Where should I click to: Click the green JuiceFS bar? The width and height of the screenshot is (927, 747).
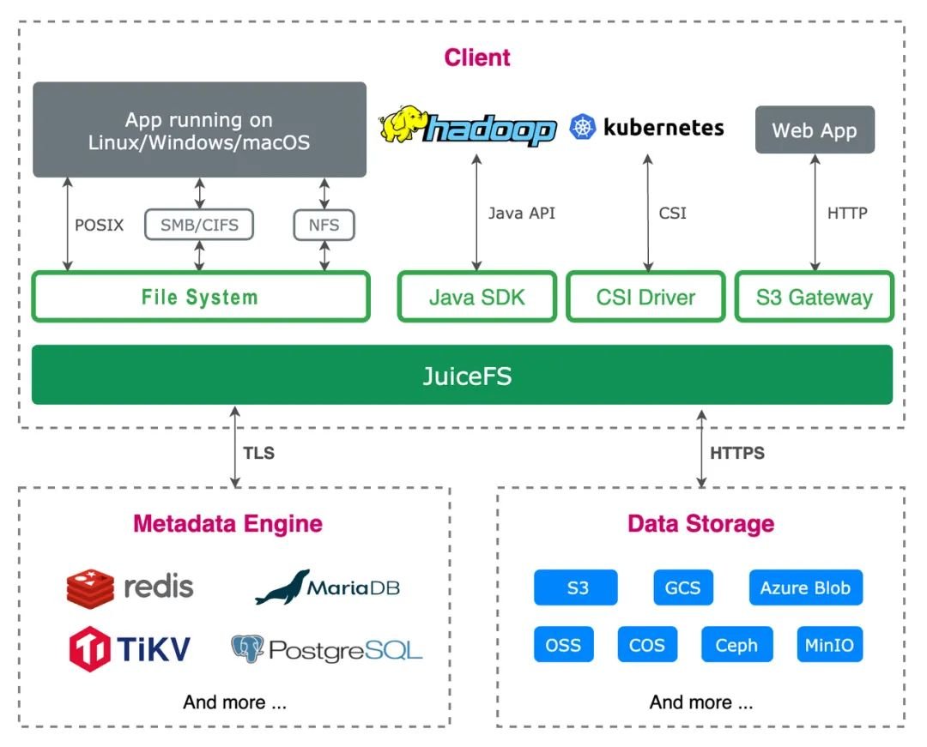pos(462,375)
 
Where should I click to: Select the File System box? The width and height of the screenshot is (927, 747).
pos(201,297)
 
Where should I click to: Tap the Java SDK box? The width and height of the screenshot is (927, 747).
pos(477,297)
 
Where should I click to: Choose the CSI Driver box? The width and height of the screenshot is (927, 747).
pos(645,297)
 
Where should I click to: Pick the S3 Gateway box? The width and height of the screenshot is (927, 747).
pos(814,297)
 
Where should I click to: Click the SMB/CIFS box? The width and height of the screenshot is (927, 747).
pos(199,225)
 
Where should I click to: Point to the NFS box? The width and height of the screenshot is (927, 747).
pos(324,225)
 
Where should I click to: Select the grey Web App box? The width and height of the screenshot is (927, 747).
pos(815,130)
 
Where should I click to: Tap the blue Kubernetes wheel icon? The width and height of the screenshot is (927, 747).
pos(583,127)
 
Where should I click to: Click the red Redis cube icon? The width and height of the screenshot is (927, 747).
pos(90,588)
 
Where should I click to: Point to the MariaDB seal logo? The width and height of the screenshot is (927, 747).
pos(282,587)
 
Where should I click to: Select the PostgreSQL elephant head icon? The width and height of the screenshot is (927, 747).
pos(247,649)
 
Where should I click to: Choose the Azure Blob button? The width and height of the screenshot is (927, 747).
pos(805,587)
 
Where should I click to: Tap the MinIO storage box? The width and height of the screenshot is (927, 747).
pos(829,644)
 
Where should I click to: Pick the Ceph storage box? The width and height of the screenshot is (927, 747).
pos(736,644)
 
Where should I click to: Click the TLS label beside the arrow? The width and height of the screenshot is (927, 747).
pos(259,453)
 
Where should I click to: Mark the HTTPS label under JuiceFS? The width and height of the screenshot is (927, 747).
pos(737,453)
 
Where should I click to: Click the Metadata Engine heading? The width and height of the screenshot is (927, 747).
pos(227,524)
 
